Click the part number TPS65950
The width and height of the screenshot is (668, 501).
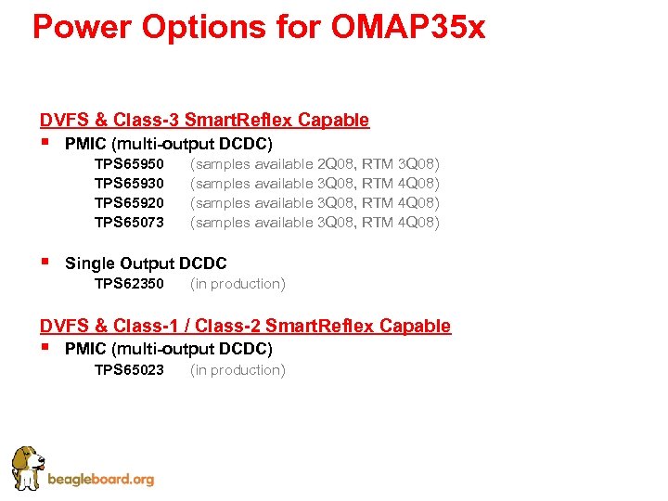[x=129, y=164]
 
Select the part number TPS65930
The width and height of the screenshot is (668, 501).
[x=129, y=184]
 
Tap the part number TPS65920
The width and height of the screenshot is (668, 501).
[x=129, y=203]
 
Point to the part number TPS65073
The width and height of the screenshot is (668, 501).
[x=129, y=223]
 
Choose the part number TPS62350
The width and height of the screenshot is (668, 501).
[x=129, y=284]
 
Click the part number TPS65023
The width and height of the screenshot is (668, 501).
[x=129, y=370]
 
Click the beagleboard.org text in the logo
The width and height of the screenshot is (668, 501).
[x=100, y=480]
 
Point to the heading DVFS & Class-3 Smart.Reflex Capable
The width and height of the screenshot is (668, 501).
[x=204, y=120]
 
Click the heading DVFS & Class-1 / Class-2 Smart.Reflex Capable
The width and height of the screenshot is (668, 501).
[x=245, y=326]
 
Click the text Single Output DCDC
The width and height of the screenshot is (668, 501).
[x=146, y=263]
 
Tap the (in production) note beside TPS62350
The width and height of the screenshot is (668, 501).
[x=238, y=284]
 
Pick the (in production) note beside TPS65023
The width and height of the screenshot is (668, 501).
[x=238, y=370]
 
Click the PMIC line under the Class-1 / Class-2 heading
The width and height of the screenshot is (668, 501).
[x=168, y=349]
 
